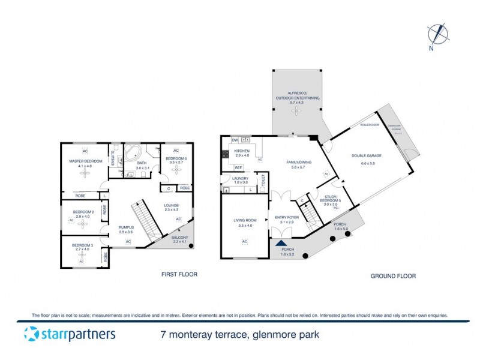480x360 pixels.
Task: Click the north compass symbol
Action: tap(437, 34)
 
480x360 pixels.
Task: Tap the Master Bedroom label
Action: tap(84, 160)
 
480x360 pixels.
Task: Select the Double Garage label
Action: tap(371, 155)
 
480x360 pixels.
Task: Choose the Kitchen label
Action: tap(241, 151)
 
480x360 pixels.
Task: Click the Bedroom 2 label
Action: tap(83, 212)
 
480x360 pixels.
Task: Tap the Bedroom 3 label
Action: tap(82, 245)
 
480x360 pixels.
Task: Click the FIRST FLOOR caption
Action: tap(179, 274)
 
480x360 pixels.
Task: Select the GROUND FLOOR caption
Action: tap(394, 276)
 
